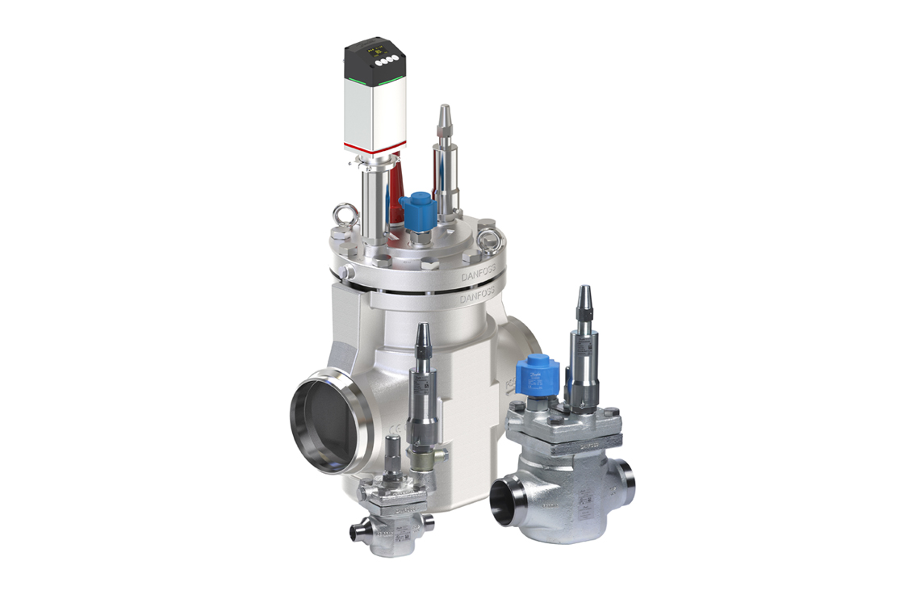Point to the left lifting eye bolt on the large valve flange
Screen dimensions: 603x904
tap(345, 216)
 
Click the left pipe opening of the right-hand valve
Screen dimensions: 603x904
tap(506, 503)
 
